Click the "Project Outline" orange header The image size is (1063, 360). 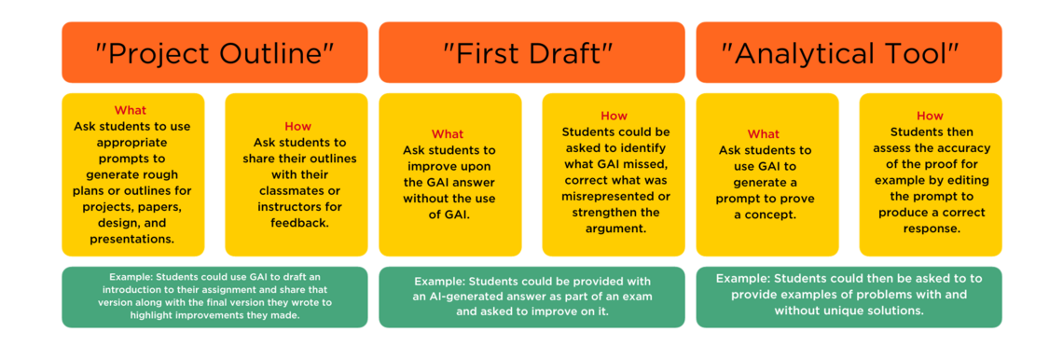pos(214,52)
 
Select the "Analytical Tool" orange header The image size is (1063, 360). pos(849,52)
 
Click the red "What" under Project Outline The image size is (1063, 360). pos(131,110)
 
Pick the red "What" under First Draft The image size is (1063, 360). pos(448,133)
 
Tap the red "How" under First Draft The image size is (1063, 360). pos(614,116)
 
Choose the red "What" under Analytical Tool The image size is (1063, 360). pos(764,133)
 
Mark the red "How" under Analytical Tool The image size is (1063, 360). pos(930,116)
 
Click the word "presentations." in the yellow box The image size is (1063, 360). pos(132,239)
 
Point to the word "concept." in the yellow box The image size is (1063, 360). pos(764,215)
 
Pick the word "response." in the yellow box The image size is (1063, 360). pos(930,228)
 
